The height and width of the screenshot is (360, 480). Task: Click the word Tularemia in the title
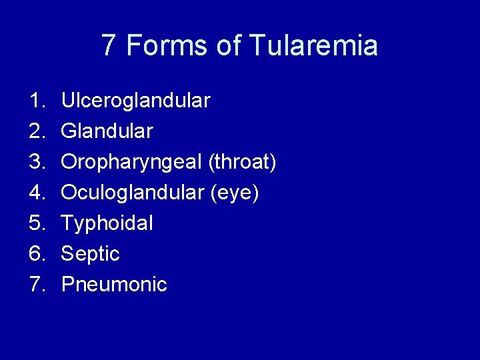click(x=314, y=45)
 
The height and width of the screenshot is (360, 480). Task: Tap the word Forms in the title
click(x=167, y=45)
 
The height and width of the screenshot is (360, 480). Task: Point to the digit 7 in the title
click(x=109, y=45)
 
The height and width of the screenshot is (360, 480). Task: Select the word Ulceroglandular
click(x=135, y=101)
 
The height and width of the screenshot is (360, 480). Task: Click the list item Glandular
click(x=107, y=131)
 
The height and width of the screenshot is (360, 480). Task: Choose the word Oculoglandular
click(x=132, y=193)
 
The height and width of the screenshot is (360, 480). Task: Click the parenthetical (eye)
click(x=235, y=193)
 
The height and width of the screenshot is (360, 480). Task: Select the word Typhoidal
click(x=107, y=223)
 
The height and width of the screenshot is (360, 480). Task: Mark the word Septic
click(x=90, y=254)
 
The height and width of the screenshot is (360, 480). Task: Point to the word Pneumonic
click(x=114, y=285)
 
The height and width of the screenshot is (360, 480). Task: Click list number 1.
click(x=36, y=101)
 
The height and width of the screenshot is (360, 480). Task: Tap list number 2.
click(x=36, y=131)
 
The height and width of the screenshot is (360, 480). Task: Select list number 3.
click(x=36, y=162)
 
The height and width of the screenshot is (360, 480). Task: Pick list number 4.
click(x=36, y=193)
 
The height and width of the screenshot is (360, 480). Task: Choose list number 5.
click(x=36, y=223)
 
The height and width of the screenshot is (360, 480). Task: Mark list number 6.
click(x=36, y=254)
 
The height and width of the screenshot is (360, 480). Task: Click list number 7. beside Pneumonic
click(x=36, y=285)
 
